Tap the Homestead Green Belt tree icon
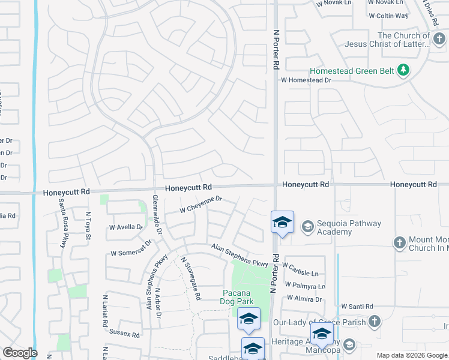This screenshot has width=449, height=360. point(404,70)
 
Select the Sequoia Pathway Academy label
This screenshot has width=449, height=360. point(349,228)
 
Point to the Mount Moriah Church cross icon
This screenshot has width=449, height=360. point(399,243)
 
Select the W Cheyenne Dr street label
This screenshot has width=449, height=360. point(202,205)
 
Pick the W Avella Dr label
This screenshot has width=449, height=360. point(126,227)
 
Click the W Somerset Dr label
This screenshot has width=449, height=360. point(131,254)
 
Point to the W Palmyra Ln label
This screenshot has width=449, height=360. point(305,286)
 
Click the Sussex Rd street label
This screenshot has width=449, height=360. point(125,335)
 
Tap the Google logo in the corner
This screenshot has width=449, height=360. point(20,353)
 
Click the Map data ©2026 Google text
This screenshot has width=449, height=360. point(412,355)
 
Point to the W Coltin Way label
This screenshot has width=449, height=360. point(388,16)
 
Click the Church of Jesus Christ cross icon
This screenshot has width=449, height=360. point(439,38)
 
